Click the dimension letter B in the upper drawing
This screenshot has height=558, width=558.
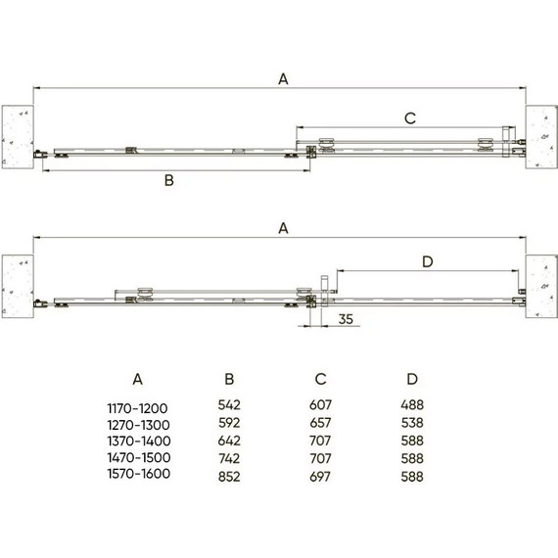click(x=168, y=181)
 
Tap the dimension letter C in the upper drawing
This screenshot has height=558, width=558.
click(x=410, y=118)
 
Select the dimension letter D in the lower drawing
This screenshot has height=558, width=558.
click(x=426, y=260)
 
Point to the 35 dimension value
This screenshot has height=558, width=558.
click(x=344, y=319)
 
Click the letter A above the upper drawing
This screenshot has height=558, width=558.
click(x=283, y=80)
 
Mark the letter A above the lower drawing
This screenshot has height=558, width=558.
click(x=283, y=228)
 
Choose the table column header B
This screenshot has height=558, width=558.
click(x=228, y=378)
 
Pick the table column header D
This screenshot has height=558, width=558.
click(x=411, y=378)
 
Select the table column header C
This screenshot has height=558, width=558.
click(x=320, y=378)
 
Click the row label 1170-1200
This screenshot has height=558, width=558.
click(x=138, y=404)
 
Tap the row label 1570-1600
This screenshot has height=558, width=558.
click(x=138, y=475)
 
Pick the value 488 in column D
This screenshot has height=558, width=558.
click(x=411, y=404)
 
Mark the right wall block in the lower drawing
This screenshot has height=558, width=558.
click(x=539, y=285)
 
